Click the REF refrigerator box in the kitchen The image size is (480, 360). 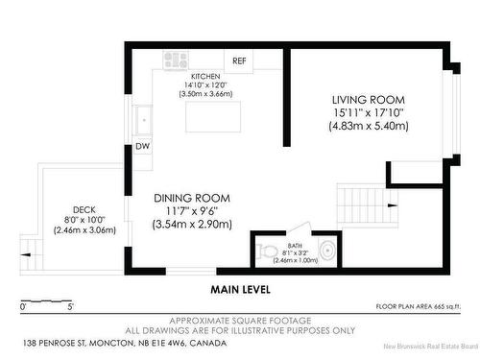coord(238,60)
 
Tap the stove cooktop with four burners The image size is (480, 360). coord(175,60)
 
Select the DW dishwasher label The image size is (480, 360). coord(142,146)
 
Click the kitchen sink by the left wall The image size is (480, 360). coord(143,120)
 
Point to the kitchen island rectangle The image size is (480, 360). coord(213,116)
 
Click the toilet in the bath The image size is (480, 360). coord(267,251)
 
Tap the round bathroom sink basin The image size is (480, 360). coord(328,251)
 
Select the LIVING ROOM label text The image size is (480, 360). coord(369,100)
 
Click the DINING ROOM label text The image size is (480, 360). coord(192,198)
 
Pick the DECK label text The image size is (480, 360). coord(84,210)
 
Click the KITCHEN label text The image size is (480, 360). coord(205,77)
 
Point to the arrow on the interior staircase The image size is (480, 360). coord(393,205)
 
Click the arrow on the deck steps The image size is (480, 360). coord(25,254)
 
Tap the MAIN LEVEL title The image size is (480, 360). coord(241,290)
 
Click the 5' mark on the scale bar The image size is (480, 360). coord(71,306)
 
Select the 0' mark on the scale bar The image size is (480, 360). coord(23,306)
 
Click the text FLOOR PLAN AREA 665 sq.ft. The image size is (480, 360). coord(419,306)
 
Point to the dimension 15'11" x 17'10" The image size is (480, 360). coord(369,112)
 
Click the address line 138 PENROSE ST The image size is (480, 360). coord(55,344)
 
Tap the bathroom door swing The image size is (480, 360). coord(300,227)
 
